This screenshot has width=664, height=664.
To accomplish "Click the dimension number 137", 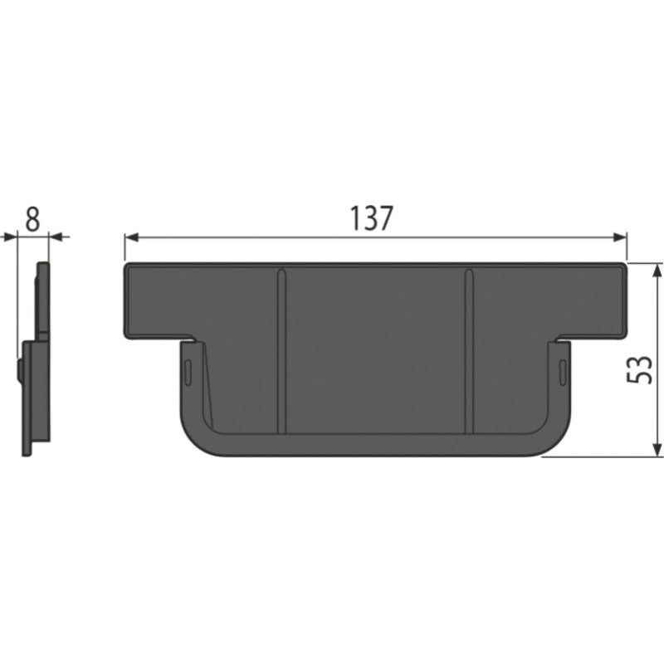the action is pyautogui.click(x=371, y=218).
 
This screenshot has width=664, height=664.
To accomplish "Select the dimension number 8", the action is pyautogui.click(x=32, y=219).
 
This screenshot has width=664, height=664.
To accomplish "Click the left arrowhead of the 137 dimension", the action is pyautogui.click(x=131, y=237).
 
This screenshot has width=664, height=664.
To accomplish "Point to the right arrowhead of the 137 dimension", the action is pyautogui.click(x=619, y=237).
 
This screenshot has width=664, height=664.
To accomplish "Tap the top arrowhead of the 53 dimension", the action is pyautogui.click(x=657, y=271).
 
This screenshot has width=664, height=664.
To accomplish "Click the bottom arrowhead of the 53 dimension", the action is pyautogui.click(x=657, y=449).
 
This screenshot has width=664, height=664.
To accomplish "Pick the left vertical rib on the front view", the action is pyautogui.click(x=281, y=351).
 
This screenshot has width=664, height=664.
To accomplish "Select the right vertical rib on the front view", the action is pyautogui.click(x=469, y=351).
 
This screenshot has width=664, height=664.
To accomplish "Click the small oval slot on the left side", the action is pyautogui.click(x=188, y=373).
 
